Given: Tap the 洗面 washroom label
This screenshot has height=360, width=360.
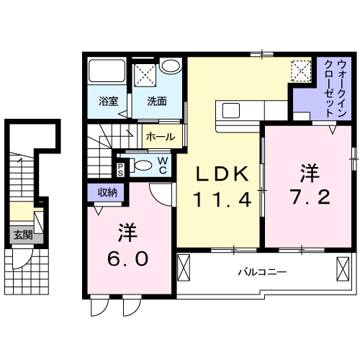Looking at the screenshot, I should pos(158,102).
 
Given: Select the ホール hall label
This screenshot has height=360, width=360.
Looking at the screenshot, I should pos(158,135).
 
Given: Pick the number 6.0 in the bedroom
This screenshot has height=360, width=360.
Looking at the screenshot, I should pos(130,256).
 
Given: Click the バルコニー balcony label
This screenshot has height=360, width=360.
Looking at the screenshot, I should pos(263,273).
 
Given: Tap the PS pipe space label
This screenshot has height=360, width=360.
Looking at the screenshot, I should pos(120,168).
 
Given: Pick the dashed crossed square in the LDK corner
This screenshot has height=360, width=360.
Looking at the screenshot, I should pos(300,70).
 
